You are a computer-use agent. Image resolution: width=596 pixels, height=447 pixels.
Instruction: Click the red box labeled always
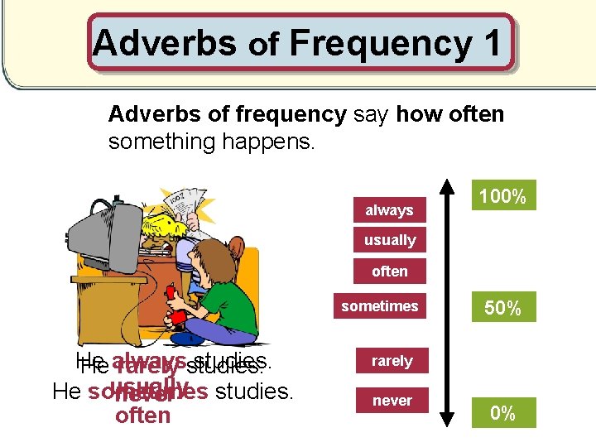pyautogui.click(x=389, y=210)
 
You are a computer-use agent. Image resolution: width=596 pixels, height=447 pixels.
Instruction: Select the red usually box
pyautogui.click(x=389, y=240)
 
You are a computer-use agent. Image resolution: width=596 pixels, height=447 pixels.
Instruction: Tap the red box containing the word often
pyautogui.click(x=389, y=271)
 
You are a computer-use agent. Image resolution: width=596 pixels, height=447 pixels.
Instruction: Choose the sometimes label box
pyautogui.click(x=380, y=306)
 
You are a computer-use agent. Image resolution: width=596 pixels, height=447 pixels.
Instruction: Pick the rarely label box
pyautogui.click(x=392, y=361)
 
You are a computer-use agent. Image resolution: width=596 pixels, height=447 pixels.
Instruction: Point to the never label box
pyautogui.click(x=392, y=401)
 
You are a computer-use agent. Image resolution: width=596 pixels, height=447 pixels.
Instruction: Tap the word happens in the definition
pyautogui.click(x=268, y=142)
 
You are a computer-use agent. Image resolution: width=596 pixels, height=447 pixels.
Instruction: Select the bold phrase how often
pyautogui.click(x=449, y=114)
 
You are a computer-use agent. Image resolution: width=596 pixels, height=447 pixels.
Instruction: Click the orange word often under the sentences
pyautogui.click(x=142, y=415)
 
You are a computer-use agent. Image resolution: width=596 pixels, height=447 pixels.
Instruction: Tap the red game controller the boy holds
pyautogui.click(x=171, y=295)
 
